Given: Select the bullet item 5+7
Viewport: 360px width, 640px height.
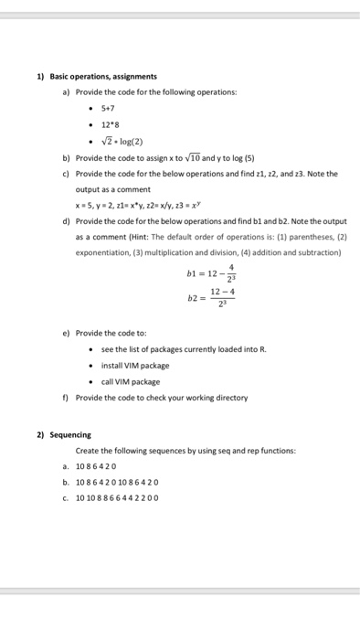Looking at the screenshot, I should point(108,109).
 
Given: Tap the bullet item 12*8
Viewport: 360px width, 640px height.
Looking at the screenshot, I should point(109,124).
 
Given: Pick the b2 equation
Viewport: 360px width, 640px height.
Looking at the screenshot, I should point(212,298).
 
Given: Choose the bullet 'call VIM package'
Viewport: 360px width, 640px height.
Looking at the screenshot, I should point(131,381).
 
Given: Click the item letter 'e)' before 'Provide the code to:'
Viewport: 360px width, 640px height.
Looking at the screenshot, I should point(67,334).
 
